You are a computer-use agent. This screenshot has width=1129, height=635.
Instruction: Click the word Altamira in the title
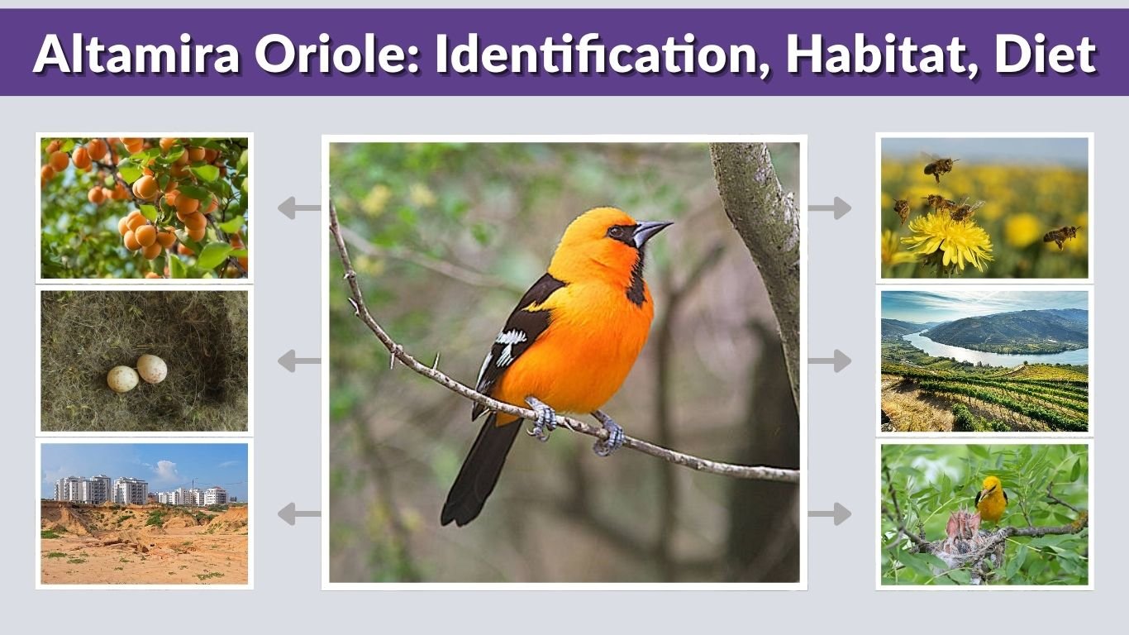pyautogui.click(x=136, y=55)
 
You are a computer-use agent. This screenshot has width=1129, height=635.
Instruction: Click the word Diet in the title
pyautogui.click(x=1045, y=55)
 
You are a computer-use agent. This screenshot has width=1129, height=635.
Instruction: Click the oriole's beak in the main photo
pyautogui.click(x=651, y=232)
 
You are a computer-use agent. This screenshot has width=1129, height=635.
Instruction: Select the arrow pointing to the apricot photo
pyautogui.click(x=298, y=208)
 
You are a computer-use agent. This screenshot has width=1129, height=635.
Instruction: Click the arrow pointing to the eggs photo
pyautogui.click(x=298, y=360)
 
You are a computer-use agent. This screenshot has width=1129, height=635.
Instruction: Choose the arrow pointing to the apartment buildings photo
pyautogui.click(x=298, y=513)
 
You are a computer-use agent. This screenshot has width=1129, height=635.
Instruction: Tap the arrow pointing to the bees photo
pyautogui.click(x=830, y=208)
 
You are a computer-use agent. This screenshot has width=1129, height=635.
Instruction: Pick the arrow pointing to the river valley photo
pyautogui.click(x=830, y=360)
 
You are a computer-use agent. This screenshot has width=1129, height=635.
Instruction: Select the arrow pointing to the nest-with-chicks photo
pyautogui.click(x=830, y=513)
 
